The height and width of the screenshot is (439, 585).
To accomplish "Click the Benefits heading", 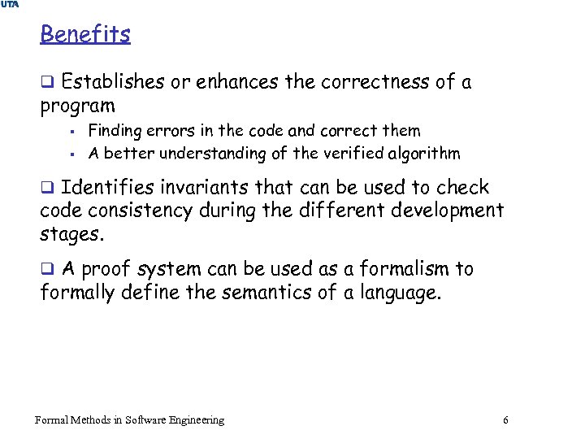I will pyautogui.click(x=84, y=34).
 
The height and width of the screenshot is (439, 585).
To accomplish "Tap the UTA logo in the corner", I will pyautogui.click(x=9, y=5).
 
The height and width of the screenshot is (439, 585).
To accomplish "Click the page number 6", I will pyautogui.click(x=506, y=420).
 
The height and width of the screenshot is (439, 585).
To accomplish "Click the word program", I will pyautogui.click(x=77, y=106).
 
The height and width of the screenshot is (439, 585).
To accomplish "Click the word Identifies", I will pyautogui.click(x=107, y=188).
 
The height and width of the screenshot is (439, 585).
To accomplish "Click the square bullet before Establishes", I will pyautogui.click(x=47, y=82).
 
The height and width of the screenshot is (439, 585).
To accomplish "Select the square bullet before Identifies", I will pyautogui.click(x=47, y=188).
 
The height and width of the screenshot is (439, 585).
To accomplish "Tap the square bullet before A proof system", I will pyautogui.click(x=47, y=269).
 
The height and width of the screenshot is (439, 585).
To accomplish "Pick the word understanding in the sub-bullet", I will pyautogui.click(x=220, y=154).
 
